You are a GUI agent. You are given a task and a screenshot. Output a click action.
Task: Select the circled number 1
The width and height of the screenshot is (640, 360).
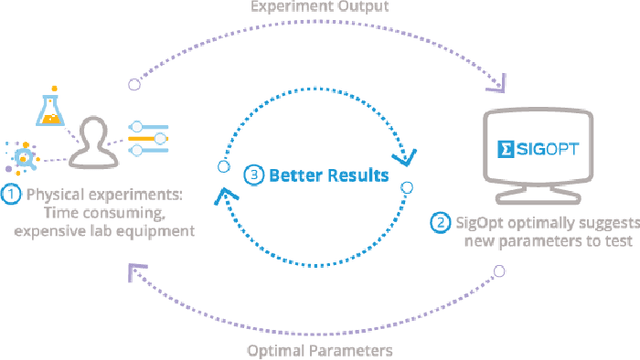(x=11, y=195)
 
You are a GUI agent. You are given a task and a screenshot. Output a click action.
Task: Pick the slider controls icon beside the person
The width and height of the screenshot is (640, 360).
(x=149, y=139)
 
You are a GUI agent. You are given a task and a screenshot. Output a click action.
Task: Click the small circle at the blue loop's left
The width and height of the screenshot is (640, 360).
(x=225, y=166)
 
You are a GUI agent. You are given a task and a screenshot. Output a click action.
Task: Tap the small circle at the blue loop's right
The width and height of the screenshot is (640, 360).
(x=406, y=186)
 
